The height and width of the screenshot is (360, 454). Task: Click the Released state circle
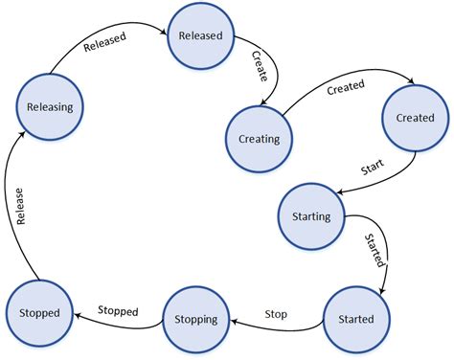tap(200, 36)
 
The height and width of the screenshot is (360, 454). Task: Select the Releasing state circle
tap(51, 107)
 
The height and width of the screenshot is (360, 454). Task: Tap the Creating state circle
tap(258, 138)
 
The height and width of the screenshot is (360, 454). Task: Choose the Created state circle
tap(415, 118)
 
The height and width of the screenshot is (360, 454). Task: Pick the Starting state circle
tap(310, 216)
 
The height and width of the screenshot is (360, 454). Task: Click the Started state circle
tap(356, 318)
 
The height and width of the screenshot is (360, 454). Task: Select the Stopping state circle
tap(195, 319)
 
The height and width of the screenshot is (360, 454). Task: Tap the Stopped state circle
tap(38, 313)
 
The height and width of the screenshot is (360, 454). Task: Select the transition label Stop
tap(277, 312)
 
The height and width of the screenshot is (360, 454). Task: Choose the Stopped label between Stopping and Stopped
tap(119, 311)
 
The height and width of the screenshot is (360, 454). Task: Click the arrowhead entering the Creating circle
tap(268, 106)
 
